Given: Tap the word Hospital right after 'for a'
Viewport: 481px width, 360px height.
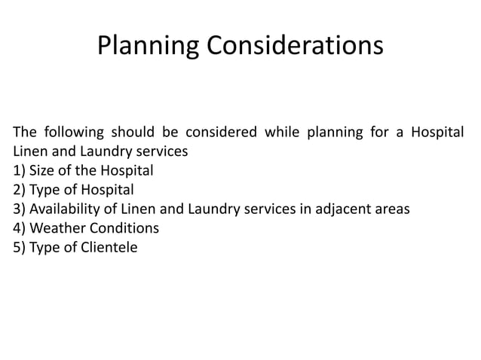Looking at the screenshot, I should click(437, 133).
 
